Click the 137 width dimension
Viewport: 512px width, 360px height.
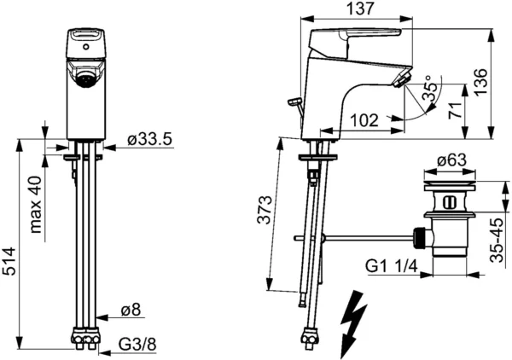click(359, 9)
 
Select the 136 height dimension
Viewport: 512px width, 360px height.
click(481, 82)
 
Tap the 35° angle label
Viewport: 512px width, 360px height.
click(430, 88)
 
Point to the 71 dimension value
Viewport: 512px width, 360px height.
click(455, 110)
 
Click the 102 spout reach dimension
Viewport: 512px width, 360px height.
click(364, 120)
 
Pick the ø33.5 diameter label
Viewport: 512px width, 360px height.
click(149, 140)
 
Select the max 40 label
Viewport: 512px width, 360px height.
click(36, 205)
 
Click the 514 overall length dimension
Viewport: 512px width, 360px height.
click(9, 261)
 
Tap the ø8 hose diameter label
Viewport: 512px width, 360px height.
click(131, 310)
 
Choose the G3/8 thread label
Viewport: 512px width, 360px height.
click(137, 345)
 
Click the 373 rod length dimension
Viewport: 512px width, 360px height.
click(265, 210)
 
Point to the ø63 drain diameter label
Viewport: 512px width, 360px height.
click(451, 160)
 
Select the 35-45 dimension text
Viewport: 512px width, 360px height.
click(497, 241)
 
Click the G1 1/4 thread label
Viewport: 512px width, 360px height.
click(392, 267)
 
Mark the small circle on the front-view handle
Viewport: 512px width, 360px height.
click(86, 47)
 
